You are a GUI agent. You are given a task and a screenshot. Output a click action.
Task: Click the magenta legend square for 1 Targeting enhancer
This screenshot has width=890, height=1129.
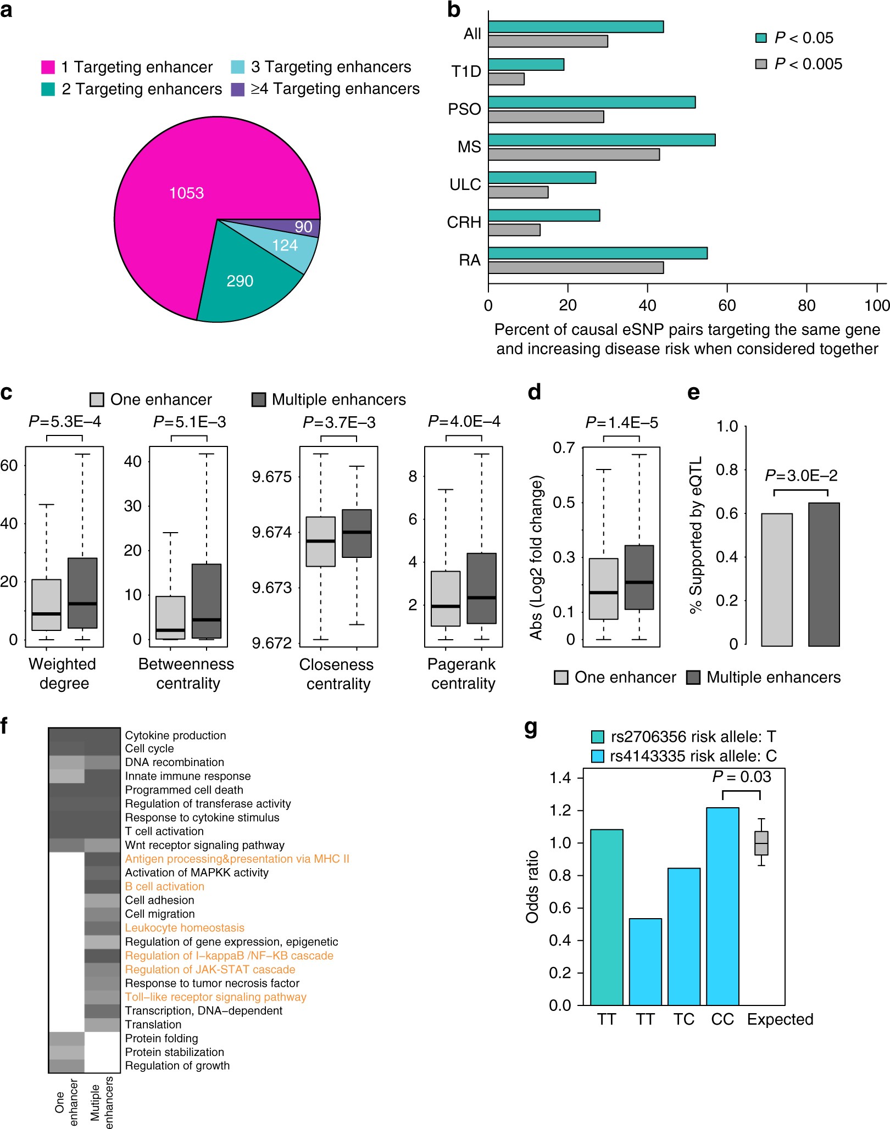[x=48, y=67]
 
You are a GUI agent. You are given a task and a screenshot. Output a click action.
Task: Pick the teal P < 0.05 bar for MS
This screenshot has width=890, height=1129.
[x=602, y=140]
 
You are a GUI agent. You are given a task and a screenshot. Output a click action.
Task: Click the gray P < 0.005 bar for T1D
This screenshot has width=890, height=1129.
[x=506, y=79]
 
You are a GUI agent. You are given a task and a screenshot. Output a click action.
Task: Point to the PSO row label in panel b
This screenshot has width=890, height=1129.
[x=464, y=109]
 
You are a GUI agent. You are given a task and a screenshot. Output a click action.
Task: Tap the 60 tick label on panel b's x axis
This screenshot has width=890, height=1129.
[x=726, y=305]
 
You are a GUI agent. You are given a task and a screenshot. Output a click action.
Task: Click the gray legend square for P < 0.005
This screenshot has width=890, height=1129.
[x=761, y=64]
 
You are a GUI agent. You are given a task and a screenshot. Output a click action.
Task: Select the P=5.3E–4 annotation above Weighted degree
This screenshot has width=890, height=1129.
[x=65, y=422]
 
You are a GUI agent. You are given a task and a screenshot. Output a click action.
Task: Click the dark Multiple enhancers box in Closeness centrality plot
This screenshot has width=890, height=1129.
[x=357, y=533]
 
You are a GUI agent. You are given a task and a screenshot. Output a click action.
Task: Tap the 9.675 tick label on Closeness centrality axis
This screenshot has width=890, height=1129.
[x=271, y=477]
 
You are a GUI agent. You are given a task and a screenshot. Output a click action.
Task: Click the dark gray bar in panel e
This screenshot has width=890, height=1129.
[x=824, y=574]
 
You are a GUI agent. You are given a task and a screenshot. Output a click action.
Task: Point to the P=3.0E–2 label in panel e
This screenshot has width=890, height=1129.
[x=801, y=476]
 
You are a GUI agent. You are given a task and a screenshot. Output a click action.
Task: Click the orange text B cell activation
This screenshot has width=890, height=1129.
[x=164, y=886]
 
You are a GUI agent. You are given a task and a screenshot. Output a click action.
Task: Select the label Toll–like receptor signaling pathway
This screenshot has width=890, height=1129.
[x=215, y=997]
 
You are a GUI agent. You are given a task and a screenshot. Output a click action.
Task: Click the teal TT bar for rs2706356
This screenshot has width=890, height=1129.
[x=607, y=917]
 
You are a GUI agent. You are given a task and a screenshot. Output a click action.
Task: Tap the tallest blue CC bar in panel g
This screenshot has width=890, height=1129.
[x=722, y=906]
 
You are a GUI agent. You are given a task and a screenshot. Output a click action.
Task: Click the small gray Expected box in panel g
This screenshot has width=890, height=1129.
[x=761, y=843]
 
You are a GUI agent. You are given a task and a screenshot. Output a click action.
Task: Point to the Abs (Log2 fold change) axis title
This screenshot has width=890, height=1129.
[x=536, y=557]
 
